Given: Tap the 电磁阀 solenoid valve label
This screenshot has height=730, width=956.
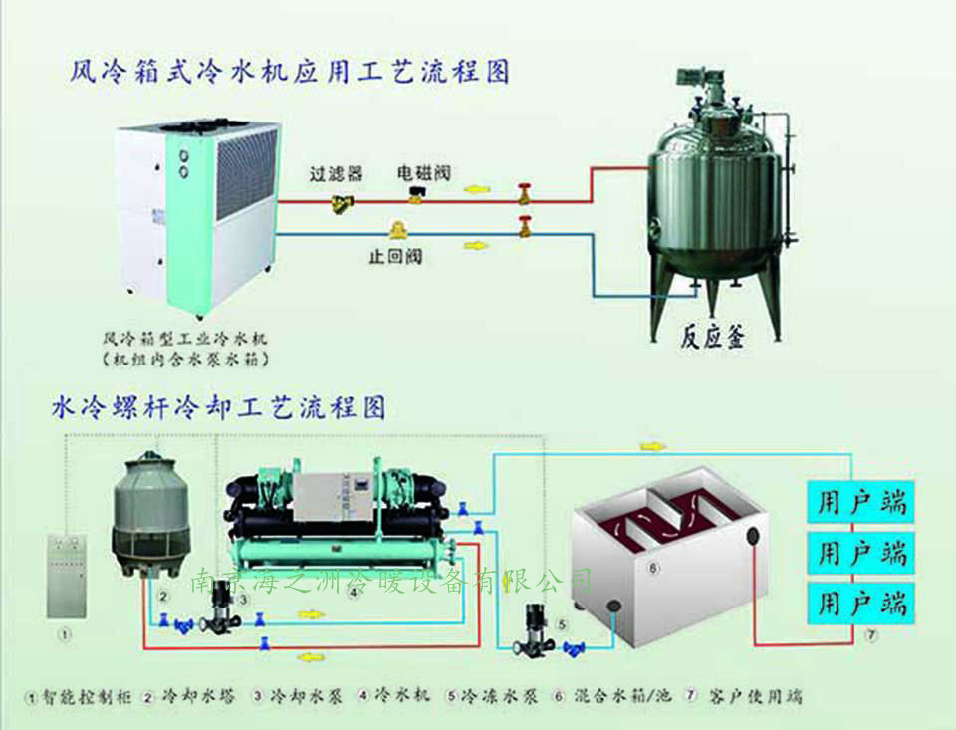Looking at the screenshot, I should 424,171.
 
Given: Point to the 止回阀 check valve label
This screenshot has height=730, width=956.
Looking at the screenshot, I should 395,256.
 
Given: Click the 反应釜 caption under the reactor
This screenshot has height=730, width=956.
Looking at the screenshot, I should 714,336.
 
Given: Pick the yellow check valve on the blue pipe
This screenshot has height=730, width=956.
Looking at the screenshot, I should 396,230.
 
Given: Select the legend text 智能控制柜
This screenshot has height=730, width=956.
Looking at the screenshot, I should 85,696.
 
